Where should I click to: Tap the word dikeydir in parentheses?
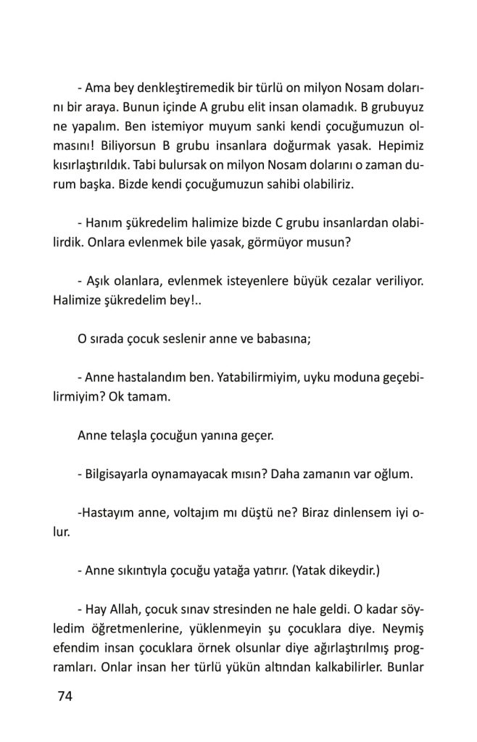[350, 572]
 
